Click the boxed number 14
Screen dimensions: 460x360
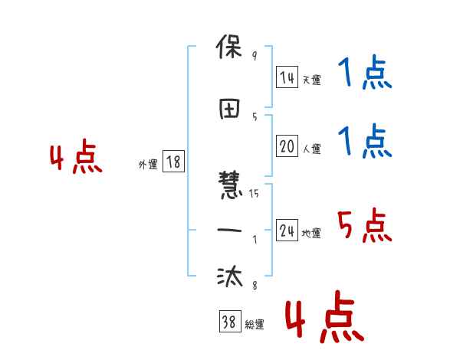pyautogui.click(x=287, y=77)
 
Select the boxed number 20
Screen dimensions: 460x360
pyautogui.click(x=287, y=146)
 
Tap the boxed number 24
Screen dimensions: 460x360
pyautogui.click(x=287, y=231)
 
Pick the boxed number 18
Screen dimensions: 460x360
pyautogui.click(x=173, y=162)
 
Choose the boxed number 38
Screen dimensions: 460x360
pyautogui.click(x=229, y=323)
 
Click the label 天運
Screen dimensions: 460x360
pyautogui.click(x=310, y=80)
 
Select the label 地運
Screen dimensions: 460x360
pyautogui.click(x=310, y=234)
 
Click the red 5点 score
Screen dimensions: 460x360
pyautogui.click(x=364, y=226)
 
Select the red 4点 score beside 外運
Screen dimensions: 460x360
pyautogui.click(x=76, y=158)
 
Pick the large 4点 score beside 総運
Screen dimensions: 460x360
pyautogui.click(x=323, y=319)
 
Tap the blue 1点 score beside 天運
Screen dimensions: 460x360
pyautogui.click(x=364, y=74)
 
